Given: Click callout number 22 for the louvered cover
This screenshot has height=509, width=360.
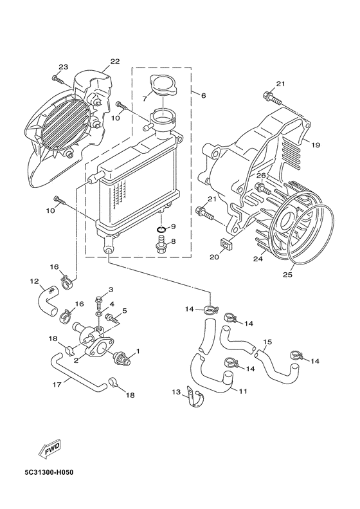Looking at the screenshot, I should pos(114,62).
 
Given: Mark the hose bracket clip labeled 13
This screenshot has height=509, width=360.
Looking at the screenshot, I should pos(190,396).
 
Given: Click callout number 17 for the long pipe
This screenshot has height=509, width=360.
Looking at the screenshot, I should pos(57,385).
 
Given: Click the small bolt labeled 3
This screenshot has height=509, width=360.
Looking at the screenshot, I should pos(98,299).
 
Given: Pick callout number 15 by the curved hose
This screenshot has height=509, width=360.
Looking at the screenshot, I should pos(267,342).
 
